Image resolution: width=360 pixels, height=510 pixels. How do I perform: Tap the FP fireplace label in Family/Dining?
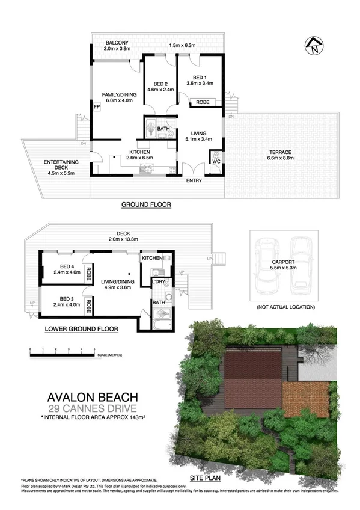click(x=96, y=107)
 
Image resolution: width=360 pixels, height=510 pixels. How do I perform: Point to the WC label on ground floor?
click(x=216, y=161)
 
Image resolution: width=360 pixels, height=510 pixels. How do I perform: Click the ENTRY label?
click(x=194, y=181)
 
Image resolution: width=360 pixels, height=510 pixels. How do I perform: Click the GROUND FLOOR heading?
click(x=147, y=204)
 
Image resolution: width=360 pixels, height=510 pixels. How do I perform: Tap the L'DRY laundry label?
click(x=159, y=281)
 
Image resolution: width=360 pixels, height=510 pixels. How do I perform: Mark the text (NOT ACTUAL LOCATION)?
click(x=285, y=307)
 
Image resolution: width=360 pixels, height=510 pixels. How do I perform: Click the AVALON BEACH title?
click(x=93, y=397)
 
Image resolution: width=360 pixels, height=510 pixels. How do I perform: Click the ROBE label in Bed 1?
click(x=203, y=103)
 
